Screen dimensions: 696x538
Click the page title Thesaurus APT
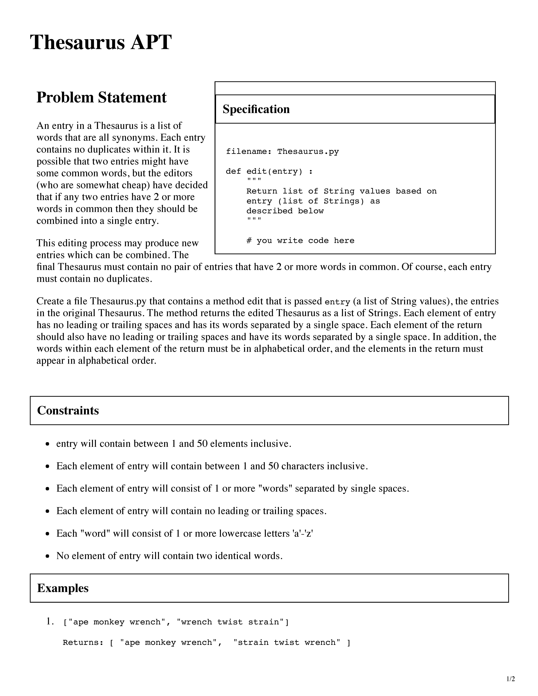[101, 42]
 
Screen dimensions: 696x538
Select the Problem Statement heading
[101, 98]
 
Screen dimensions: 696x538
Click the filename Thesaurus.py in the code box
[308, 152]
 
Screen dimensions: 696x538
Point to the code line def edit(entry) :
[269, 171]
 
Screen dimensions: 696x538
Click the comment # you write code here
[300, 241]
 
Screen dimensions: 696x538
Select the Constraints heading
[68, 410]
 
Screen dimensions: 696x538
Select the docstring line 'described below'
[285, 211]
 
